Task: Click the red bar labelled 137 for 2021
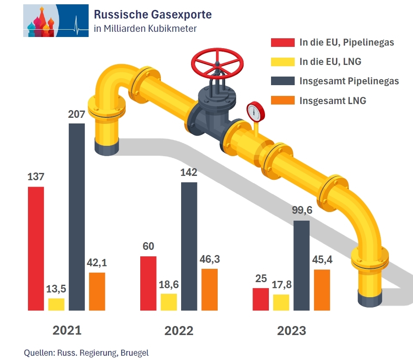[36, 248]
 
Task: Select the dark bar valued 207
[77, 217]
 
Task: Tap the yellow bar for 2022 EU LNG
[169, 302]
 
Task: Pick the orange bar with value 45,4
[322, 290]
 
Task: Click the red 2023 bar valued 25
[261, 299]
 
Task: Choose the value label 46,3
[210, 260]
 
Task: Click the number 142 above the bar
[189, 173]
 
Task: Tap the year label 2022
[179, 331]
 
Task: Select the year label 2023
[292, 331]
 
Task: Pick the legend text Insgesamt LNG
[333, 101]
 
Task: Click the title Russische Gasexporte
[153, 15]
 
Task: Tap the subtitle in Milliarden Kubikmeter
[145, 29]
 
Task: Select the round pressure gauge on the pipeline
[256, 111]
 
